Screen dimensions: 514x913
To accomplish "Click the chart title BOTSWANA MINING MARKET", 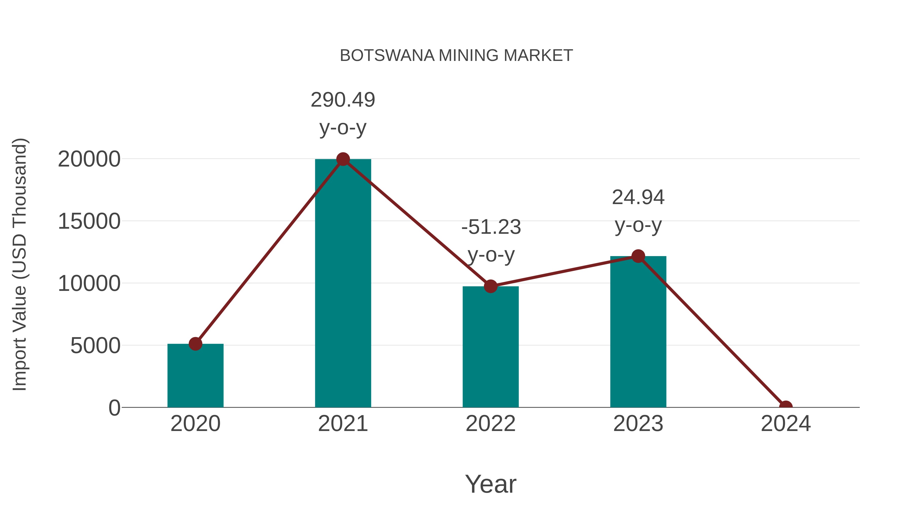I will click(456, 56).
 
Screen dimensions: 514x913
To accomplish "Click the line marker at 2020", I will click(195, 344).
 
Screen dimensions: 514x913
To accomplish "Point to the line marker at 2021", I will click(343, 159).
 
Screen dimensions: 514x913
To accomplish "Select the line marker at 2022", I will click(490, 286).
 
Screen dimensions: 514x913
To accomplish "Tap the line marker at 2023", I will click(638, 256).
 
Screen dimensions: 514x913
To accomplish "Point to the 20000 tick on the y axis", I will click(89, 159).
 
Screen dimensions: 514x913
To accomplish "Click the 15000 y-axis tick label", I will click(89, 221).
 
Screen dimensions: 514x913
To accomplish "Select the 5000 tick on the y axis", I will click(95, 346).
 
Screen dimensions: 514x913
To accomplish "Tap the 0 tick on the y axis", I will click(114, 408).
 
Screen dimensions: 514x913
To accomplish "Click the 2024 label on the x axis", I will click(785, 424).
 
